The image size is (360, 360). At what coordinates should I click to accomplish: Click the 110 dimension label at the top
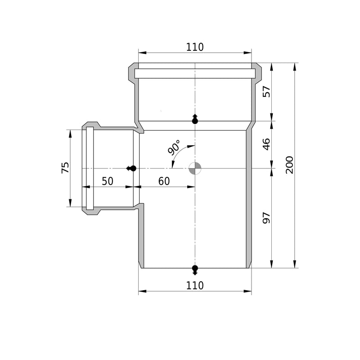[x=195, y=47]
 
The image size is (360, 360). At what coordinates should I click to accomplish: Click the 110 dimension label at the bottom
[x=195, y=286]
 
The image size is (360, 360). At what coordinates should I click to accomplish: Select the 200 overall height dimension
[x=289, y=165]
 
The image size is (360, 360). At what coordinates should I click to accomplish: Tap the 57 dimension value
[x=266, y=92]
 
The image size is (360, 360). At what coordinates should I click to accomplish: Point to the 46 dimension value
[x=266, y=144]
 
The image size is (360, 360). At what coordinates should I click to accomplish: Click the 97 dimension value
[x=266, y=218]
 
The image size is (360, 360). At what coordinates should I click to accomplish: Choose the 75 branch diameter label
[x=65, y=167]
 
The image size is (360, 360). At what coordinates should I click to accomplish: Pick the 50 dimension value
[x=108, y=181]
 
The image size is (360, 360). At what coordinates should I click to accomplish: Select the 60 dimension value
[x=164, y=181]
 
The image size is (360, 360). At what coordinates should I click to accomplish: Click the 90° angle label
[x=174, y=148]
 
